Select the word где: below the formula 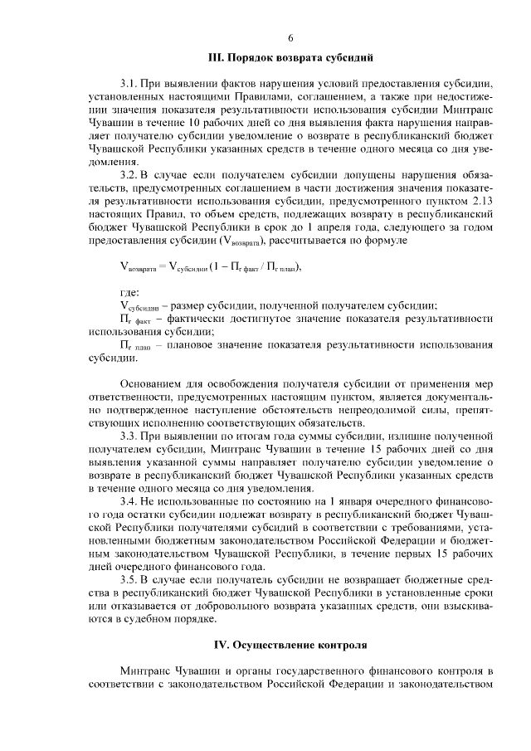130,293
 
